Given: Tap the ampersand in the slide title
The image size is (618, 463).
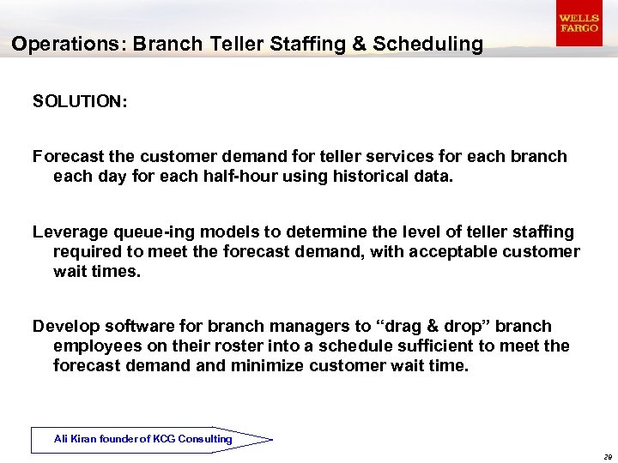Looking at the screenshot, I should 358,44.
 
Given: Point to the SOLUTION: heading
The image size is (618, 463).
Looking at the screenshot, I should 80,102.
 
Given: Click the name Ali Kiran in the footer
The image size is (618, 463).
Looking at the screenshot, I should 74,439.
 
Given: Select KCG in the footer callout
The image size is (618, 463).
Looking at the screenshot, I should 165,439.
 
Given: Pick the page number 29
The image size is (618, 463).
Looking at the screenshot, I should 607,457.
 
